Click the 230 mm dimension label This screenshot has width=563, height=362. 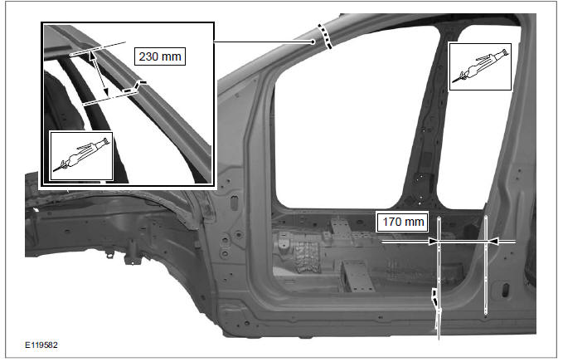coord(160,57)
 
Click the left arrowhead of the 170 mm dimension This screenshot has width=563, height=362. coord(434,242)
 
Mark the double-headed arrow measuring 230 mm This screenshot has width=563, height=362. coord(99,72)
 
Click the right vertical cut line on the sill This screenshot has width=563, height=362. coord(484,266)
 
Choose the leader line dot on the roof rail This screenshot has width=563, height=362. coord(313,40)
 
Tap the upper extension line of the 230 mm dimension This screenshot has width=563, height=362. coord(95,49)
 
